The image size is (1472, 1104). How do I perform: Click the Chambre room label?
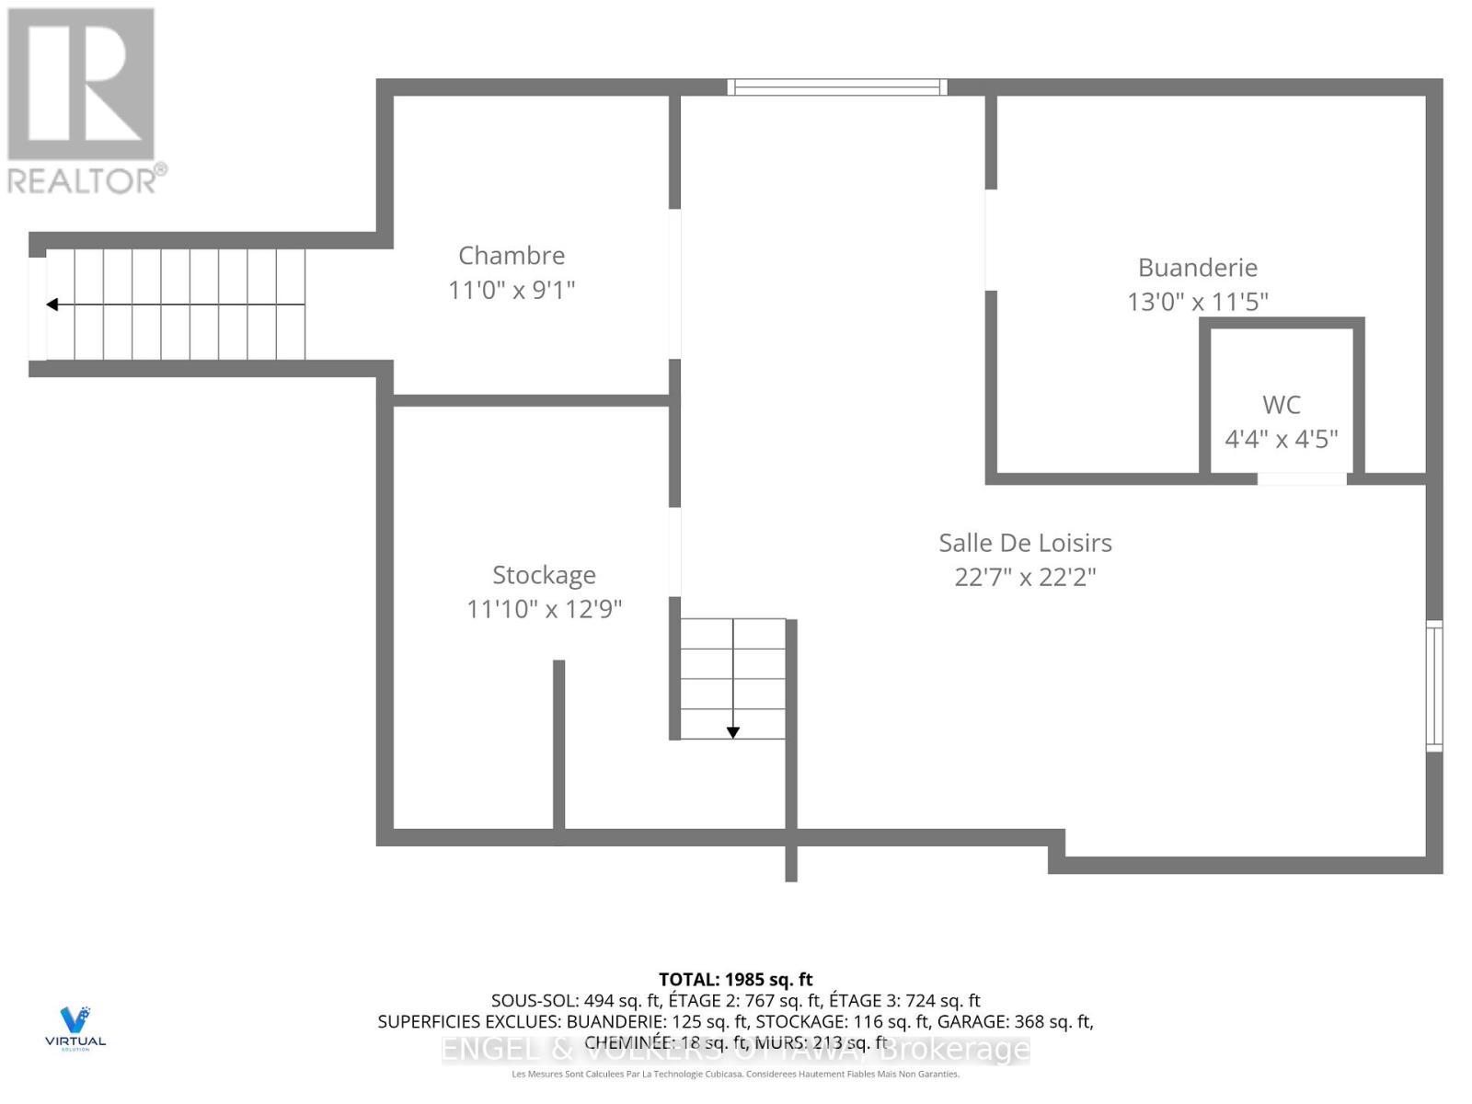(512, 256)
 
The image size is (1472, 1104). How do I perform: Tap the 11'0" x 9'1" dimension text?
(512, 291)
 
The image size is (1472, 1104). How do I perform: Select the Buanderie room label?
(1197, 268)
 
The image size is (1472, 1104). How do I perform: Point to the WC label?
(1281, 405)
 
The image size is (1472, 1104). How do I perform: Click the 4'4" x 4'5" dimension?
(1281, 439)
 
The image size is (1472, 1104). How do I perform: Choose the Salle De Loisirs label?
(1025, 543)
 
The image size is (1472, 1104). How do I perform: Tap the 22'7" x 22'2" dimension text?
(1025, 578)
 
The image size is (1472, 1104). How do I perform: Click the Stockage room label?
(544, 575)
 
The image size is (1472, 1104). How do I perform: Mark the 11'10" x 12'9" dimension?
(544, 609)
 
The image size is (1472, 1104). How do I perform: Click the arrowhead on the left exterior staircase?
(52, 305)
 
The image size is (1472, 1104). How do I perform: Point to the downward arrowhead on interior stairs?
(733, 732)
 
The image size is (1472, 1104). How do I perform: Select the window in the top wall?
(837, 87)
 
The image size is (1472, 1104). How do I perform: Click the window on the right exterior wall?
(1433, 685)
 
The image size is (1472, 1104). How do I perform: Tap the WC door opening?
(1302, 478)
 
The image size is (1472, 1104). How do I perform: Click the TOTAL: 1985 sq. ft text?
(735, 980)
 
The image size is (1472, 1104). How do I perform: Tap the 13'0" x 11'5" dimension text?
(1197, 302)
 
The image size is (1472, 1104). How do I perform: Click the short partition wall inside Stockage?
(558, 745)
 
